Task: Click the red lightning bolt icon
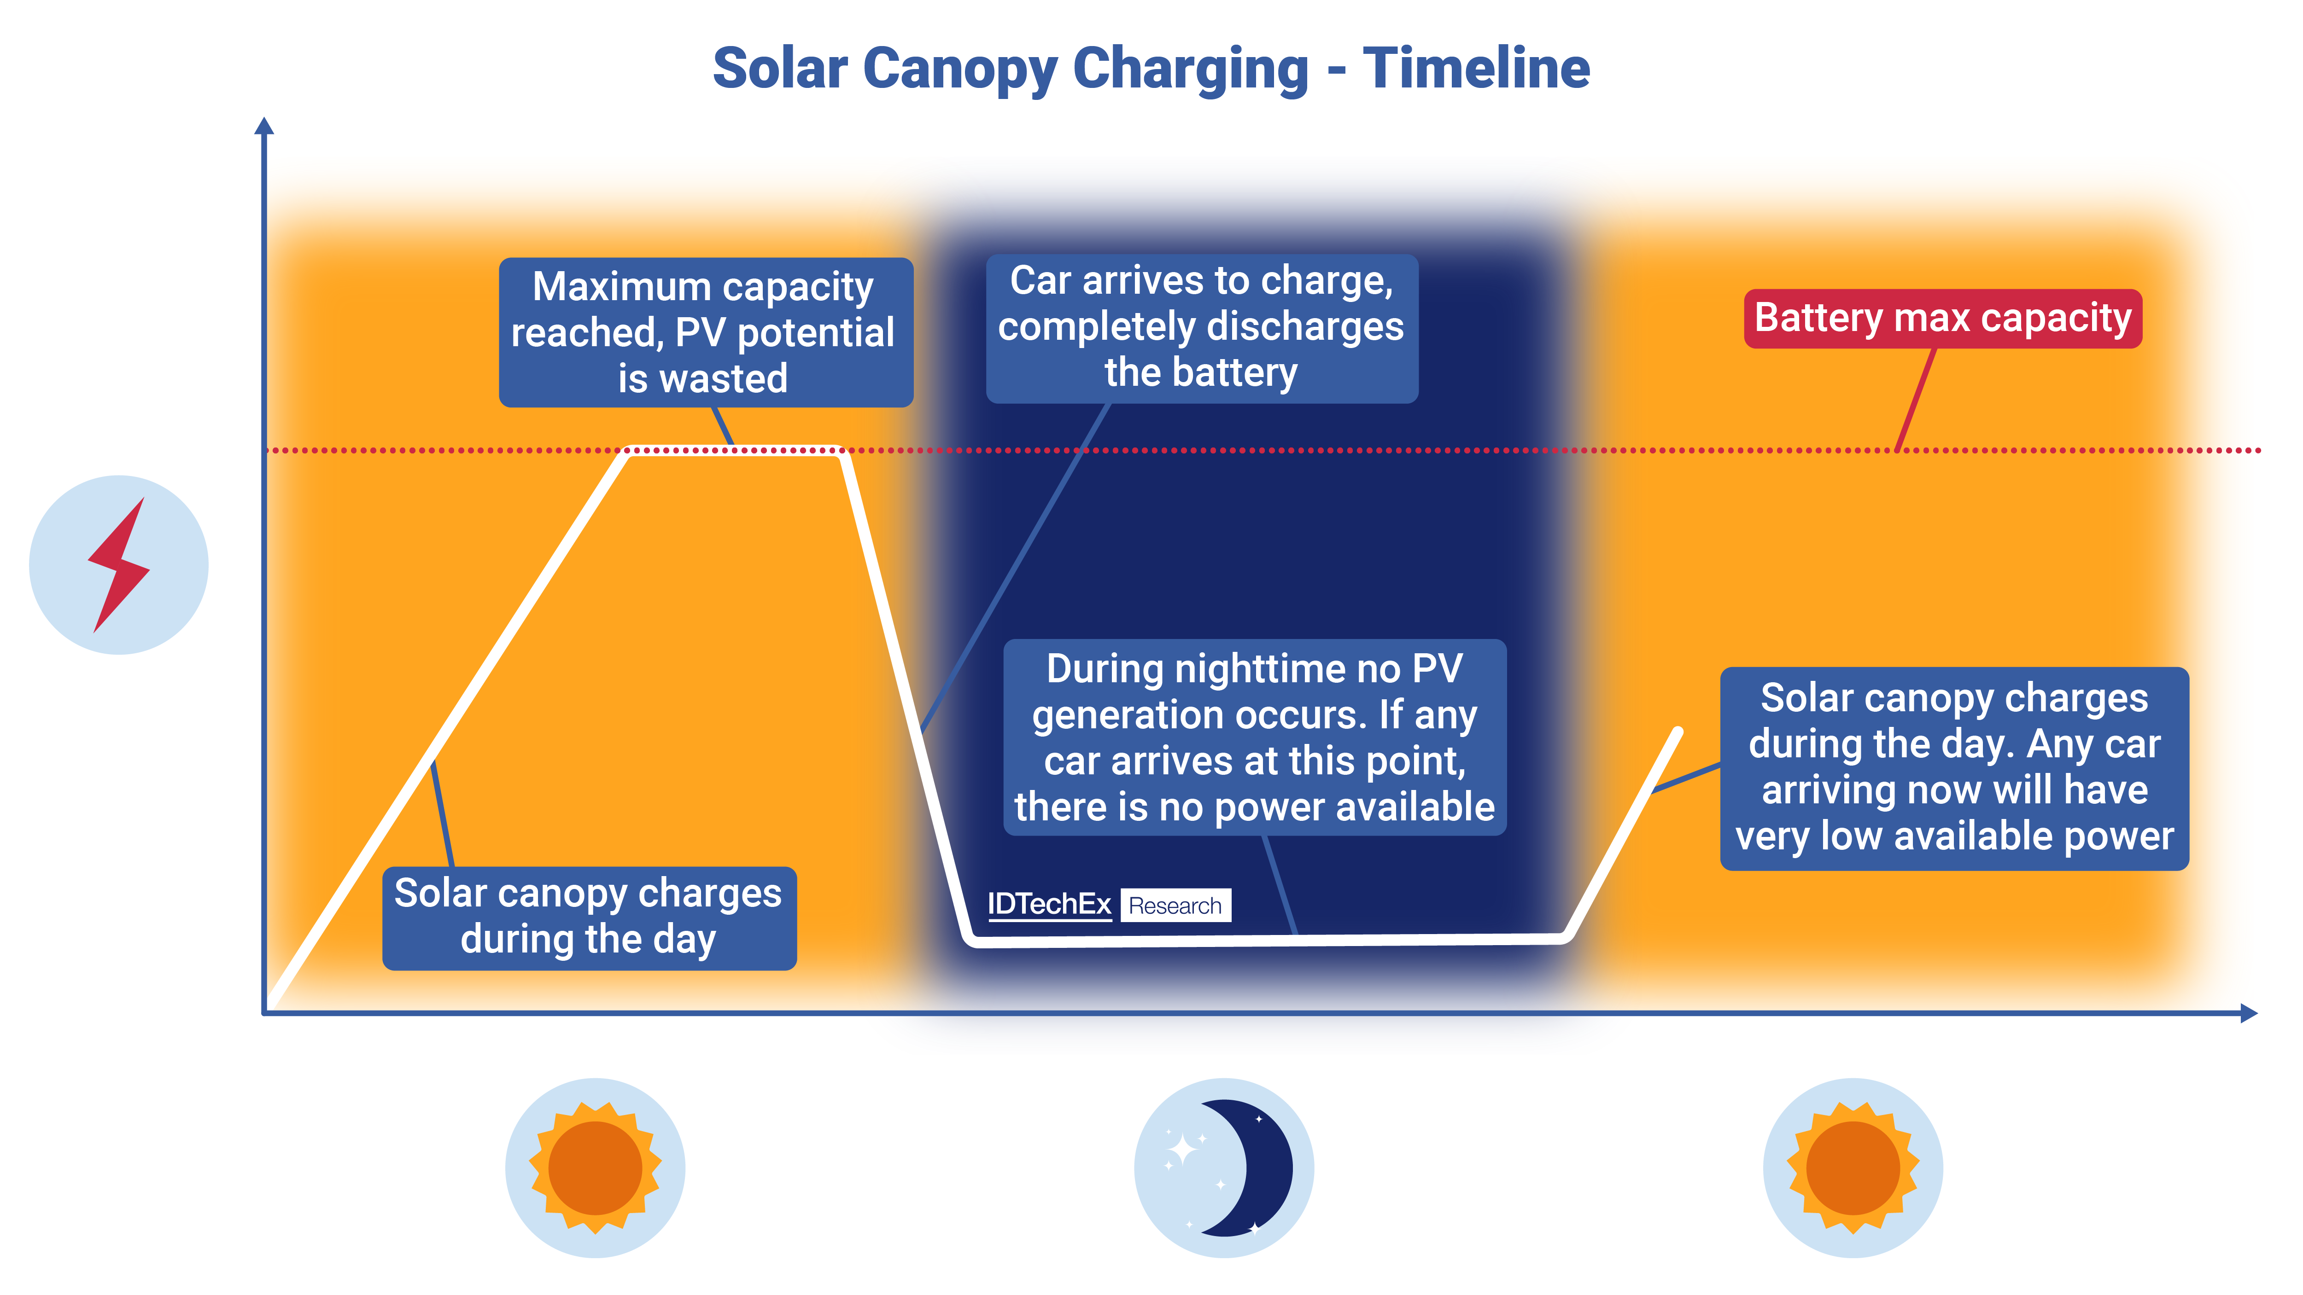[x=119, y=565]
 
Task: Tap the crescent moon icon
[x=1247, y=1167]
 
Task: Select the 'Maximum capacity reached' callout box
[x=705, y=331]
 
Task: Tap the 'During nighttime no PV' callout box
[x=1254, y=738]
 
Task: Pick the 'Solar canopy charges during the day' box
[x=589, y=917]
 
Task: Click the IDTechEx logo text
[x=1049, y=905]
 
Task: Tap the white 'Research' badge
[x=1175, y=906]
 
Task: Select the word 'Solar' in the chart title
[x=780, y=69]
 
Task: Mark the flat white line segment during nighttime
[x=1269, y=939]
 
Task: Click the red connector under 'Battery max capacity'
[x=1916, y=400]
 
